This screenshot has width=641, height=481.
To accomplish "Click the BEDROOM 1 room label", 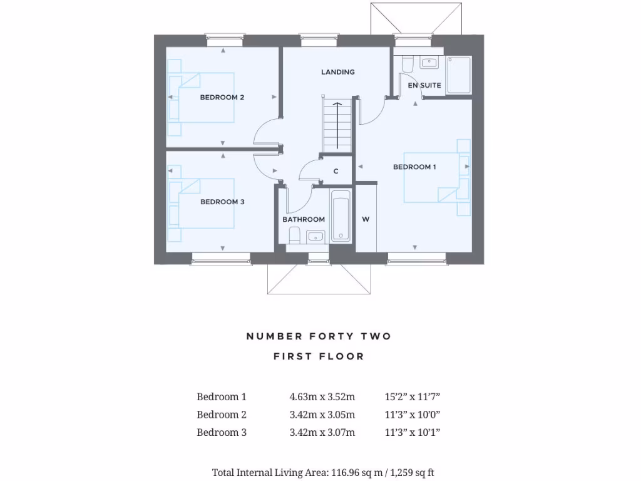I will coord(414,167).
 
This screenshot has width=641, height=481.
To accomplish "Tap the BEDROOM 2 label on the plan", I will coord(222,97).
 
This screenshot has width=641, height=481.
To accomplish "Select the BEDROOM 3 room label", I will coord(222,202).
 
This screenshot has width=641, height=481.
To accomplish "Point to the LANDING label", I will coord(338,72).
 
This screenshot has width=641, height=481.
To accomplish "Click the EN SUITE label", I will coord(424,85).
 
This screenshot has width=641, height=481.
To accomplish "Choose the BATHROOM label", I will coord(304,219).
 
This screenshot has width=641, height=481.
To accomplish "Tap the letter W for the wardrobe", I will coord(366,219).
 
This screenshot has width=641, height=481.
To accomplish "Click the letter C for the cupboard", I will coord(336,172).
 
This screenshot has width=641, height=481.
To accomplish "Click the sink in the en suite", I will coord(429,62).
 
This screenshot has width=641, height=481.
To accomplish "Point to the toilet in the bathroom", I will coord(294,235).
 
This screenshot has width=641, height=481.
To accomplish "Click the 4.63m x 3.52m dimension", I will coord(322,396).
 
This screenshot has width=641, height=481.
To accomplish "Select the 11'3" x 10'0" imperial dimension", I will coord(413,415).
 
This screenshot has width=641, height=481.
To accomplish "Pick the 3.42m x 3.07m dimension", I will coord(322,432).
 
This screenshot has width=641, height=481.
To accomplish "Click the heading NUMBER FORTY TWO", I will coord(319,336).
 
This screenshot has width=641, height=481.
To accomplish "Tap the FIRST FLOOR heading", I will coord(319,356).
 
